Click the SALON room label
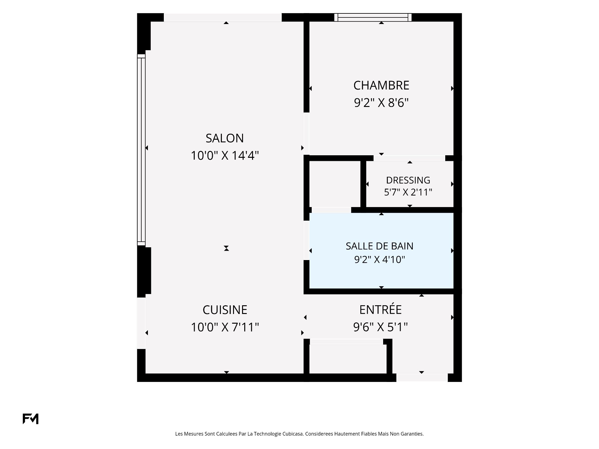pos(225,138)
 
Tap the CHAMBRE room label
pos(381,85)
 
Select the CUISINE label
pos(225,310)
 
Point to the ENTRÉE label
pos(381,309)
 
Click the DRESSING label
pos(408,180)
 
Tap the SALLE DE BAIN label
pos(379,246)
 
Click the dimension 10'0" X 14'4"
pos(225,155)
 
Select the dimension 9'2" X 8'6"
pos(381,103)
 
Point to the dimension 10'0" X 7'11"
pos(225,327)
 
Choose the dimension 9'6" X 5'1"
pos(381,327)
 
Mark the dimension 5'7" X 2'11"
pos(408,192)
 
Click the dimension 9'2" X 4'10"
pos(379,259)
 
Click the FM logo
pos(31,419)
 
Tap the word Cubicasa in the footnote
pos(293,434)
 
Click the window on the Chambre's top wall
pos(373,17)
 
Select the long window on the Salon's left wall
pos(141,150)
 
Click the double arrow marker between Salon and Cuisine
pos(226,248)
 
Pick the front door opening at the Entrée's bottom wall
pos(422,378)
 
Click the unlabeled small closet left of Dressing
pos(335,184)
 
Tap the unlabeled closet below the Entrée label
pos(348,359)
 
